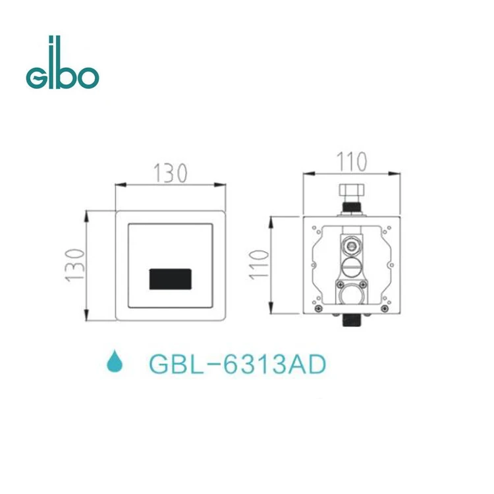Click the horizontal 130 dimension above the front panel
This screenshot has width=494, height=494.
pyautogui.click(x=171, y=173)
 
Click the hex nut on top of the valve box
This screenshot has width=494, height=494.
pyautogui.click(x=352, y=192)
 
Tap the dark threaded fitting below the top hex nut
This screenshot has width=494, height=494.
pyautogui.click(x=352, y=209)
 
